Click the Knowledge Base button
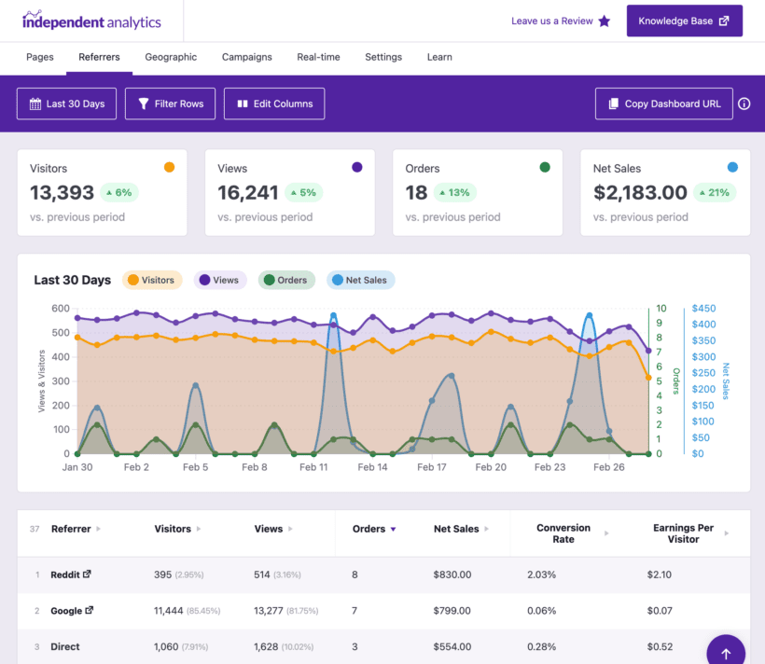point(684,21)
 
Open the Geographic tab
point(171,57)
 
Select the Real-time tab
point(318,57)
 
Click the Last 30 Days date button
point(66,104)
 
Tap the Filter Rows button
point(171,104)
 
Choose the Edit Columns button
point(274,104)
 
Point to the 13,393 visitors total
point(63,193)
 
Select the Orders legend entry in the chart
point(285,280)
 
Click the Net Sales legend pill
point(361,280)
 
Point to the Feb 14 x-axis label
point(372,467)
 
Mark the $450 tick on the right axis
point(703,309)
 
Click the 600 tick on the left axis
point(61,309)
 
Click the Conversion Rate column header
point(563,533)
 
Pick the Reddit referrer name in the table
point(65,574)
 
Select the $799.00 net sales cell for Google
point(452,611)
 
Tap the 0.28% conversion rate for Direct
point(541,646)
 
